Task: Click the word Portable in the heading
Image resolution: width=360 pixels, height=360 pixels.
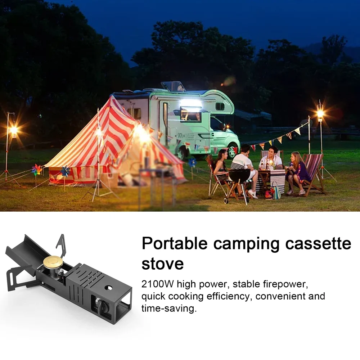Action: pos(175,244)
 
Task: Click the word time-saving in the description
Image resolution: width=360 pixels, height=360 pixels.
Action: pos(169,309)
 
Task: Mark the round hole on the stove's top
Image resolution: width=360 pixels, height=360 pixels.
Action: pos(108,289)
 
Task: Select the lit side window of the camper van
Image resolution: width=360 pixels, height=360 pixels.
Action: pos(191,114)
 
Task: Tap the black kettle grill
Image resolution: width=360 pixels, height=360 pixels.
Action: pos(239,176)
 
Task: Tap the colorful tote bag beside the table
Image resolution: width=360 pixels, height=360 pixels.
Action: pos(276,191)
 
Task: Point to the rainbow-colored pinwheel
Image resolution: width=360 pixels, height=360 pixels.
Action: pos(37,169)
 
